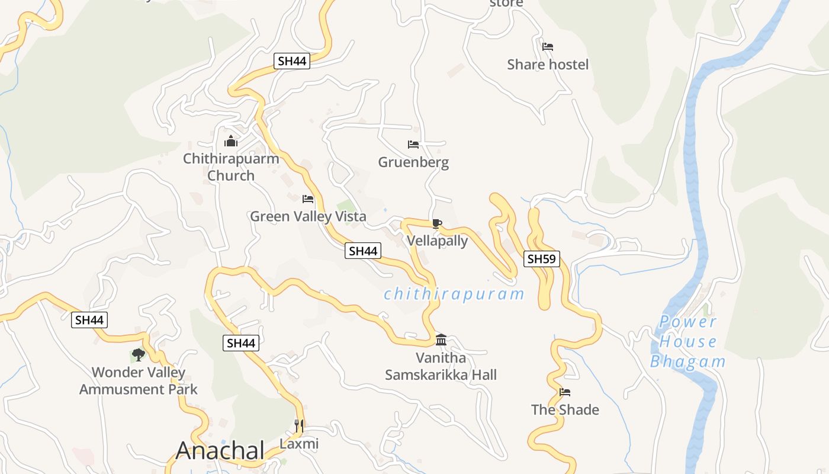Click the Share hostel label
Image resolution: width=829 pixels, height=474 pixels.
click(548, 64)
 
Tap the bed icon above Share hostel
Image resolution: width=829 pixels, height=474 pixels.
click(548, 46)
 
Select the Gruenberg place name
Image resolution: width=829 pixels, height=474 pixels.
click(413, 162)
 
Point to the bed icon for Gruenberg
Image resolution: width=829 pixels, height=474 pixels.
click(413, 145)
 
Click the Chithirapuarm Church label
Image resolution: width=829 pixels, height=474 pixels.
click(231, 167)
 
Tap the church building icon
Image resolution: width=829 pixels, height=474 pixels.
click(231, 142)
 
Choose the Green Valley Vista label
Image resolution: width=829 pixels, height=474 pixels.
click(308, 216)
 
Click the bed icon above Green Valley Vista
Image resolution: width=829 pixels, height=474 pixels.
click(308, 199)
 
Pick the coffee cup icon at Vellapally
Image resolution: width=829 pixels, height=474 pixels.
click(437, 223)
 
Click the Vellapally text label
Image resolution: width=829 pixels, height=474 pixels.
click(437, 241)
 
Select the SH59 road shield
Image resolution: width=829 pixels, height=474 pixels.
click(542, 258)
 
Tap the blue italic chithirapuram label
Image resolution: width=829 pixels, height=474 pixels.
click(454, 294)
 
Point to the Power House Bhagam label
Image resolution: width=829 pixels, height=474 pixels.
click(688, 342)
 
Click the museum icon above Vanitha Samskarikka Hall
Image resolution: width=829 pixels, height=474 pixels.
click(441, 340)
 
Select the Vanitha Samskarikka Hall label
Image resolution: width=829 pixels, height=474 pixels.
click(441, 366)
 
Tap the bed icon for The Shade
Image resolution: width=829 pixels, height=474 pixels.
click(565, 392)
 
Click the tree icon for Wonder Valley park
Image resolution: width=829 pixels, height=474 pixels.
click(139, 355)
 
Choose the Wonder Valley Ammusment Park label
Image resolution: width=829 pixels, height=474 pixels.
click(139, 381)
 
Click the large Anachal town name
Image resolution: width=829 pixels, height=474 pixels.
click(220, 451)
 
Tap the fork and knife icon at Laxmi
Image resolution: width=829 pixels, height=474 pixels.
click(299, 425)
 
